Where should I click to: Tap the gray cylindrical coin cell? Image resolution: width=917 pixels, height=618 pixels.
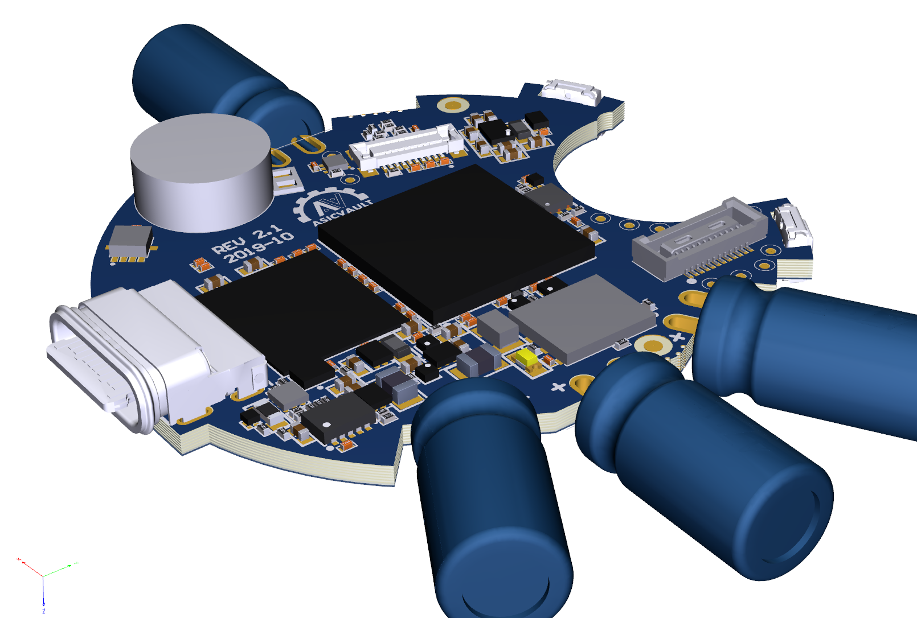(200, 171)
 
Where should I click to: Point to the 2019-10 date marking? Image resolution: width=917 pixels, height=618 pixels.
(259, 248)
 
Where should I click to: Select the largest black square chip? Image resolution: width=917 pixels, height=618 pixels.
(456, 239)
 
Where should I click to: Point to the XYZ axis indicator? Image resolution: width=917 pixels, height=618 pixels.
(44, 576)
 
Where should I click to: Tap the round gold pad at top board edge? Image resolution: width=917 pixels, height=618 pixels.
(453, 105)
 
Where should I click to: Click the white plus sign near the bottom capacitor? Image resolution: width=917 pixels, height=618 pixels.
(559, 387)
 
